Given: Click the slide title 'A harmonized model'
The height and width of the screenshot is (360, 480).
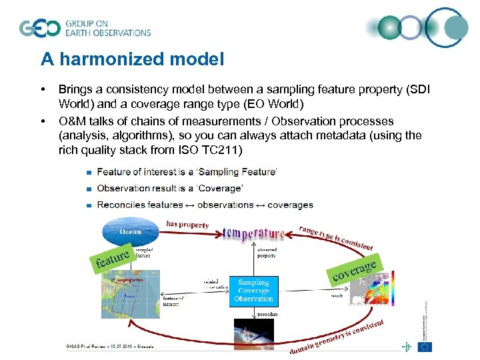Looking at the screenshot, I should [x=132, y=59].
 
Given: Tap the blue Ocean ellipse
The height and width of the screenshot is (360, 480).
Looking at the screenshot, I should [x=130, y=231].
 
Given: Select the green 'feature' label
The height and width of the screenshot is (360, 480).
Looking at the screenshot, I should [x=111, y=257].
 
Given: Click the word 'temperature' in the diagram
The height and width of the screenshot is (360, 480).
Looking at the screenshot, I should [x=253, y=233].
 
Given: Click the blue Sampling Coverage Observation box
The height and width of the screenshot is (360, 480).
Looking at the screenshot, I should [x=253, y=291].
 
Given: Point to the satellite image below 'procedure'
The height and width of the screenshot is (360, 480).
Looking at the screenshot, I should [x=253, y=334].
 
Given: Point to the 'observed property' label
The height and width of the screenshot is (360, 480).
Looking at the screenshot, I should [x=267, y=251].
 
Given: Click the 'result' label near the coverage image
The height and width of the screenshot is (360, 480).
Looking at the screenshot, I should [x=337, y=294].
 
